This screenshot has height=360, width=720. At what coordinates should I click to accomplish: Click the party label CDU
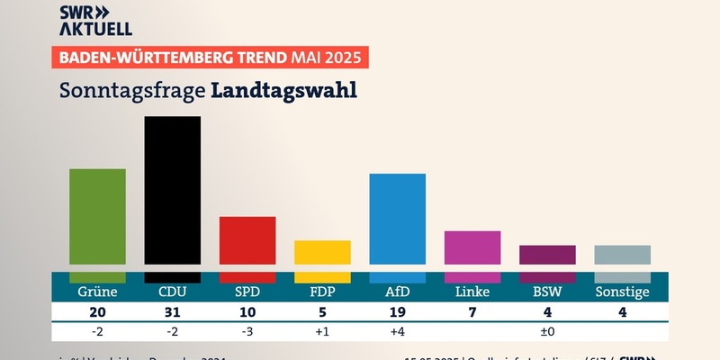pyautogui.click(x=173, y=292)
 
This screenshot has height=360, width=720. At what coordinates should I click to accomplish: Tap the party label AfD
pyautogui.click(x=397, y=292)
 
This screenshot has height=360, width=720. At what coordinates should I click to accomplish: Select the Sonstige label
pyautogui.click(x=622, y=292)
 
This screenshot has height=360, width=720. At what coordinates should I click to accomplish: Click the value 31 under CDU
pyautogui.click(x=173, y=312)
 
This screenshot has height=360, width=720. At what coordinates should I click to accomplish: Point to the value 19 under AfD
pyautogui.click(x=397, y=312)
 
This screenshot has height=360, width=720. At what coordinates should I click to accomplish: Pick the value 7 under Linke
pyautogui.click(x=472, y=312)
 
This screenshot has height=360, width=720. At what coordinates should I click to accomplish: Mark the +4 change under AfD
pyautogui.click(x=397, y=332)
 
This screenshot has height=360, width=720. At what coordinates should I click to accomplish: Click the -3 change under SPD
pyautogui.click(x=247, y=332)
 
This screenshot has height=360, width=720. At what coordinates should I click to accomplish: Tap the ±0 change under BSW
pyautogui.click(x=547, y=332)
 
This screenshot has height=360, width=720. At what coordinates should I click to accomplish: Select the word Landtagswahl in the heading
pyautogui.click(x=283, y=91)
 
